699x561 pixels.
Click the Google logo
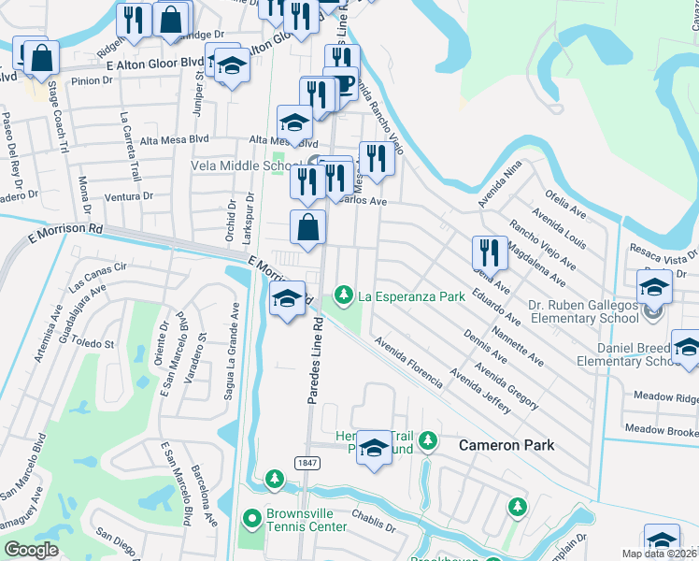coord(30,550)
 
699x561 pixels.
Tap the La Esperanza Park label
coord(411,296)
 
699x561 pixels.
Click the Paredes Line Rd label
coord(315,360)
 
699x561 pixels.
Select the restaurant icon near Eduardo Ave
coord(490,252)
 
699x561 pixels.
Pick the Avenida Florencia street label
coord(407,364)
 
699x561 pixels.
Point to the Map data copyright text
coord(659,554)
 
